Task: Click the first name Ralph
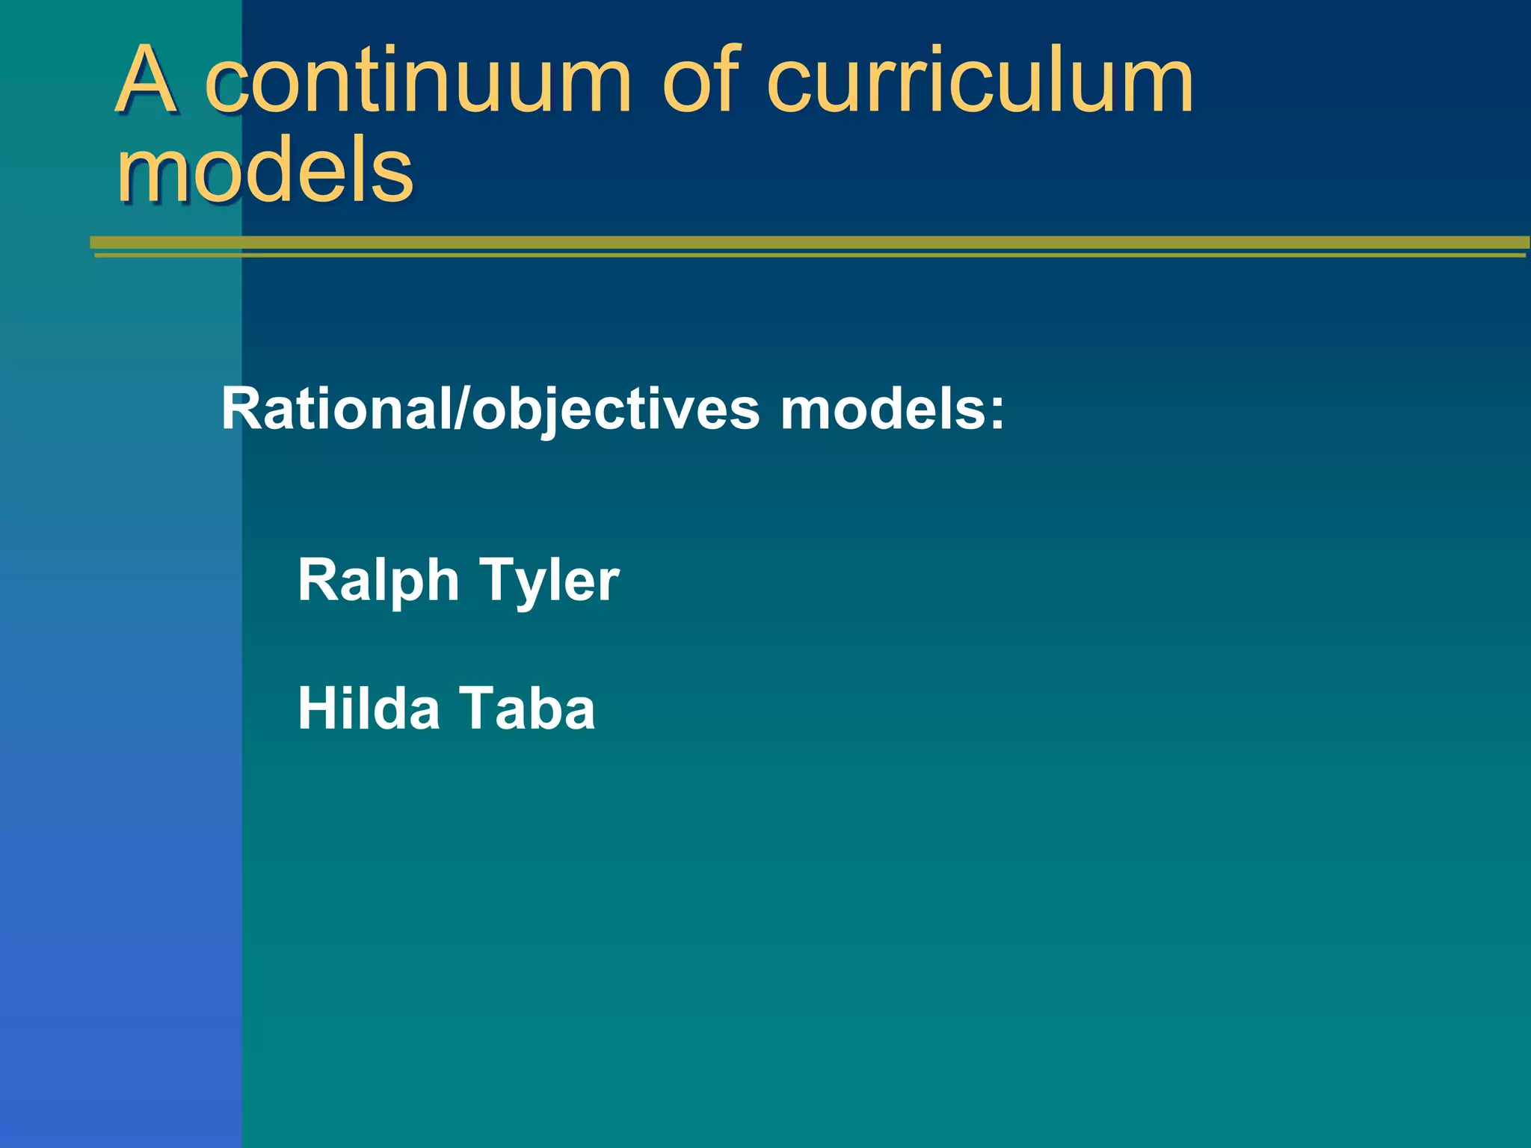coord(378,581)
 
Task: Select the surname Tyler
coord(549,581)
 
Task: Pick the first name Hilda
coord(369,709)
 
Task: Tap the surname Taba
coord(527,709)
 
